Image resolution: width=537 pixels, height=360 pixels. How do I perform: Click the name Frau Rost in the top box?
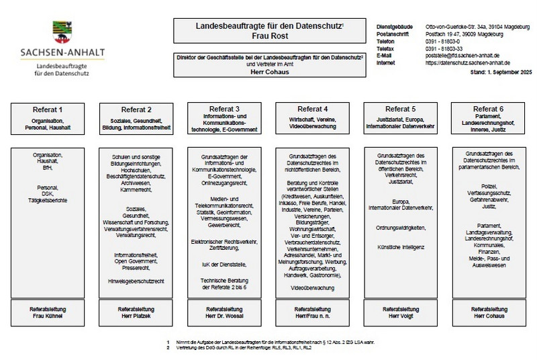[269, 36]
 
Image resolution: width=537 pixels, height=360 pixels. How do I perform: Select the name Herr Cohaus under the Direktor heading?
[269, 71]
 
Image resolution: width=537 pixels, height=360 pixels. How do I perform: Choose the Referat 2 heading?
[136, 109]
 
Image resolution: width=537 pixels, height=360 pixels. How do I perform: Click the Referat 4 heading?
[312, 109]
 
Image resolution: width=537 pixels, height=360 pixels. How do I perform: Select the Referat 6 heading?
[488, 109]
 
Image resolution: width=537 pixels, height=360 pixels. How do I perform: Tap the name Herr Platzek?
[136, 316]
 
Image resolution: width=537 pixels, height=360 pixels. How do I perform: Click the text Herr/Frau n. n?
[312, 316]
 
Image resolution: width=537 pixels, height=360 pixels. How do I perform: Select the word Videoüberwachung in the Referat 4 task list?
[312, 287]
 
